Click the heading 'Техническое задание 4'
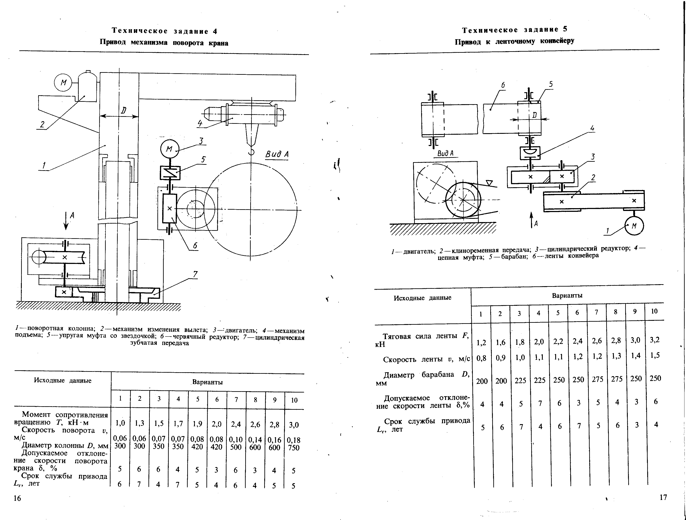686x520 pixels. (164, 31)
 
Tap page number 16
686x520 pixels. (17, 498)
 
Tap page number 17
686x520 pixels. (663, 497)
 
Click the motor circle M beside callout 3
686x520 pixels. (170, 149)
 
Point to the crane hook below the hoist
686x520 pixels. (251, 152)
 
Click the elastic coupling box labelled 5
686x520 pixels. (170, 173)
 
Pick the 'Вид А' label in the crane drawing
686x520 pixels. (277, 154)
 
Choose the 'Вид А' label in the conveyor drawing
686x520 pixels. (445, 153)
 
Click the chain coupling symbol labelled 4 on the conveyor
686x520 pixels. (530, 153)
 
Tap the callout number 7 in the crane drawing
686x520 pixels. (195, 274)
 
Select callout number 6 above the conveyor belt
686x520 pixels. (503, 85)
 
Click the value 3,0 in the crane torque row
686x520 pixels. (294, 425)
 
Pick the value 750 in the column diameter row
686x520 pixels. (294, 448)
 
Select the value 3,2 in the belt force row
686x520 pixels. (654, 340)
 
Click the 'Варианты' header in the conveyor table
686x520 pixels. (567, 296)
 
